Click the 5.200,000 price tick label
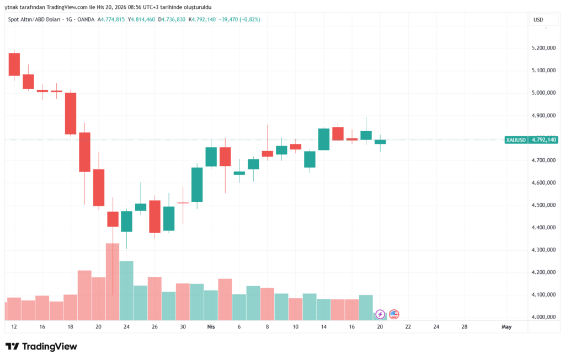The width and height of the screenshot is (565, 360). tap(543, 48)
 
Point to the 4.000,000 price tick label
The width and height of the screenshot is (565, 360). tap(543, 317)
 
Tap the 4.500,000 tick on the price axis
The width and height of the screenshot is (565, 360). tap(543, 205)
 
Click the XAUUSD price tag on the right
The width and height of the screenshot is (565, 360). tap(523, 140)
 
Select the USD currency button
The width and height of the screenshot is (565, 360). tap(539, 20)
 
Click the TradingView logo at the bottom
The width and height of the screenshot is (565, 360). tap(41, 346)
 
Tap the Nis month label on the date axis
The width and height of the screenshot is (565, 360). tap(210, 327)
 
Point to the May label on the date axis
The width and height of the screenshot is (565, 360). tap(507, 327)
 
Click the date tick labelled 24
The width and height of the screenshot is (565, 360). tap(126, 327)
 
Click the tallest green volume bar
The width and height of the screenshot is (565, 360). tap(126, 290)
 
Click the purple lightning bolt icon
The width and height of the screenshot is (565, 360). tap(380, 315)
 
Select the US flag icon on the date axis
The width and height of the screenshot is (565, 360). tap(394, 315)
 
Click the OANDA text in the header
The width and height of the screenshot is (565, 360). tap(86, 20)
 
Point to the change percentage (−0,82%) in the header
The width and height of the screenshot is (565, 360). tap(248, 20)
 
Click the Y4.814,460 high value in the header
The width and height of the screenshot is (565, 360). tap(141, 20)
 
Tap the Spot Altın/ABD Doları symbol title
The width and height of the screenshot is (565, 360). tap(33, 20)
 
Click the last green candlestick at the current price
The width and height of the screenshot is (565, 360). tap(380, 142)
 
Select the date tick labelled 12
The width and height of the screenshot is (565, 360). tap(13, 327)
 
